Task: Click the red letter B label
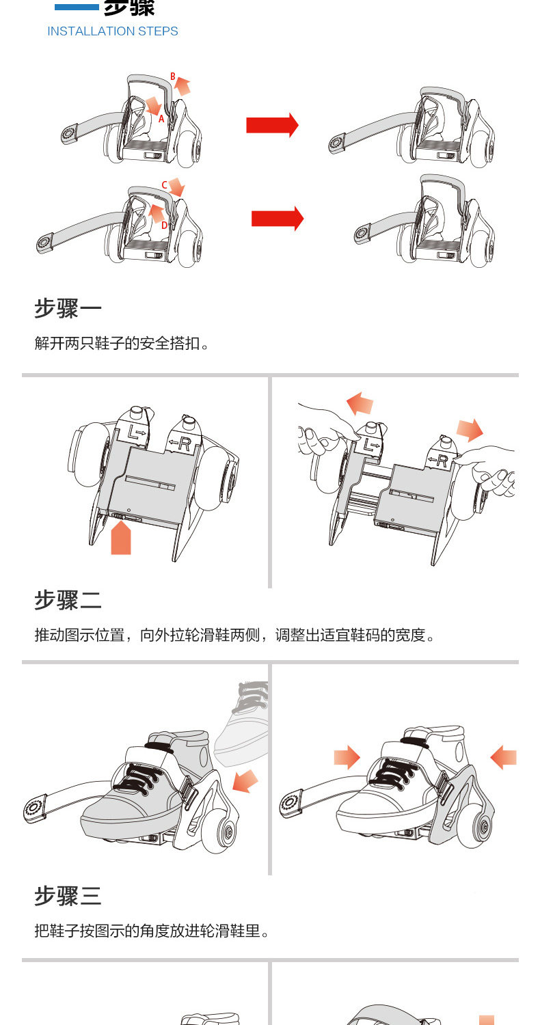coord(173,76)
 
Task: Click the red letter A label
coord(162,118)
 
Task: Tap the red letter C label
coord(165,185)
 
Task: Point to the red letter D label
coord(164,225)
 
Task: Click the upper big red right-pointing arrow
coord(272,125)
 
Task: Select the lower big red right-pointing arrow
coord(277,218)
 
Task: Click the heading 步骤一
coord(68,308)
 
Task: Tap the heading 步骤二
coord(68,600)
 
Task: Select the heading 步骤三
coord(68,895)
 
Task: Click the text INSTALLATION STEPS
coord(113,31)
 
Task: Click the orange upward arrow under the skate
coord(121,536)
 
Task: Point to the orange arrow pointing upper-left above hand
coord(360,402)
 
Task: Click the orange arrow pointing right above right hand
coord(470,430)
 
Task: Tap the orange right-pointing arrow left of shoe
coord(347,757)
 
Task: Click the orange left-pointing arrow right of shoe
coord(504,757)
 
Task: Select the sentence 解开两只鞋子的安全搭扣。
coord(122,343)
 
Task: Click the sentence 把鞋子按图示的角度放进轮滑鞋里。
coord(152,931)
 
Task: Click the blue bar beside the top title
coord(77,8)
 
